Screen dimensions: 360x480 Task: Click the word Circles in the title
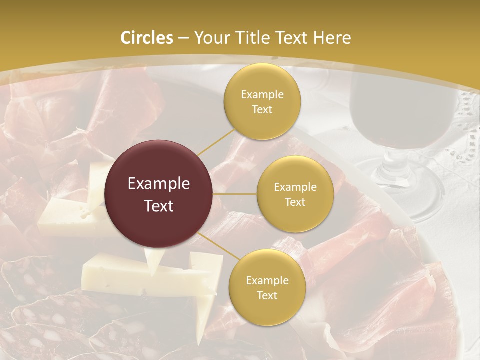click(x=147, y=38)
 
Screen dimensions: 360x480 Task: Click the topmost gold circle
click(x=262, y=101)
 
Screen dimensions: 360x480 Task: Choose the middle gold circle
click(x=295, y=194)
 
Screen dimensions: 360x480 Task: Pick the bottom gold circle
click(x=267, y=287)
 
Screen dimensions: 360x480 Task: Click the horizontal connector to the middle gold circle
click(x=235, y=194)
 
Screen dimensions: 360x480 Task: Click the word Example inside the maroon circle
click(x=159, y=184)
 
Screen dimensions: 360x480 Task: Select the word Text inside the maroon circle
click(x=159, y=206)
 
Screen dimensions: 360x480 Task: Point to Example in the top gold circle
click(x=262, y=95)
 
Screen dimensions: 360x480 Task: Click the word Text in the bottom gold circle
click(x=267, y=295)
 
